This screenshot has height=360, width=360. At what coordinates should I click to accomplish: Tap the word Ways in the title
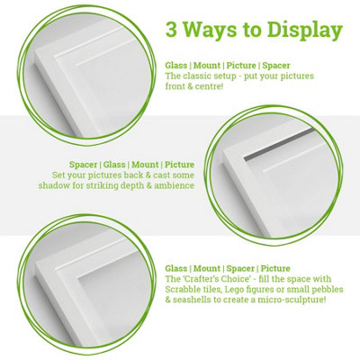pyautogui.click(x=212, y=31)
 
